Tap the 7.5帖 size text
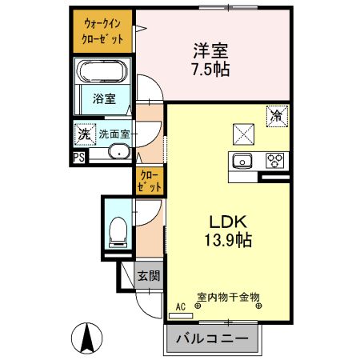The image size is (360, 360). click(x=210, y=69)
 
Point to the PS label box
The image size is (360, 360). click(x=79, y=158)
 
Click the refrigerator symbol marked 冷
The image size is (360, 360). click(x=275, y=115)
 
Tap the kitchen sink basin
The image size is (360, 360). click(x=242, y=161)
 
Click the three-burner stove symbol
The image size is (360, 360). click(x=275, y=160)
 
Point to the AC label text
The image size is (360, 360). click(x=179, y=306)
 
